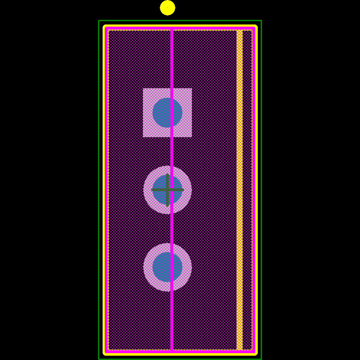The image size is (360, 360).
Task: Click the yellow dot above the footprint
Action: [167, 8]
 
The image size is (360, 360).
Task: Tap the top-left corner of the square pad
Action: [143, 89]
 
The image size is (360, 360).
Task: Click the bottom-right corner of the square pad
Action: [191, 136]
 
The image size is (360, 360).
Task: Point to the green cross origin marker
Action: [167, 190]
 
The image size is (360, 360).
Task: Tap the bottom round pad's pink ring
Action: [148, 267]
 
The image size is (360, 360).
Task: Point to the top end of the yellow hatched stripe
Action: [239, 31]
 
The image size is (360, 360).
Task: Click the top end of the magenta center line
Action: [172, 30]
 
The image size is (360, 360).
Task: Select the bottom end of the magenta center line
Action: [172, 350]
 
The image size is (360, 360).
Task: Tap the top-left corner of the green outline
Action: [99, 21]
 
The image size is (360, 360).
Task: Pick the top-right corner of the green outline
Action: [261, 21]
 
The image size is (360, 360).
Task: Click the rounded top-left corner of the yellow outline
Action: [105, 27]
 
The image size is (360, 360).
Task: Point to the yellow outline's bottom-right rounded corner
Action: [255, 354]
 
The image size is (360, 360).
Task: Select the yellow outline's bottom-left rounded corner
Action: [105, 354]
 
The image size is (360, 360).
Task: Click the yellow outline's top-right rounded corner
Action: [255, 27]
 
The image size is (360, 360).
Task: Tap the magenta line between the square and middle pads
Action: [172, 151]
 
